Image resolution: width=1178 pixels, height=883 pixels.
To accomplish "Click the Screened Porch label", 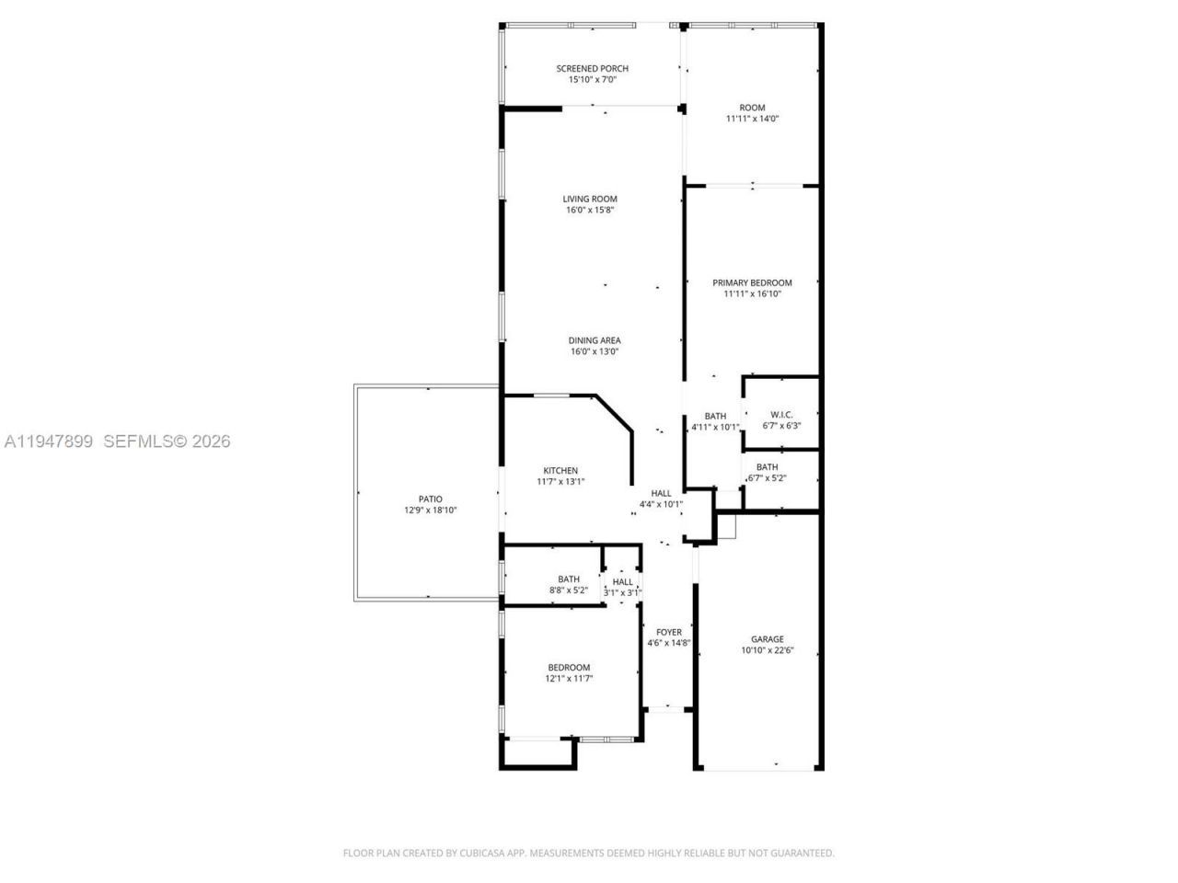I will [x=592, y=68].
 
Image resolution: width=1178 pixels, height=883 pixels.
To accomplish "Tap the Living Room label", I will [x=590, y=199].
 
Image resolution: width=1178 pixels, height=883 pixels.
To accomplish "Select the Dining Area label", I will [x=594, y=340].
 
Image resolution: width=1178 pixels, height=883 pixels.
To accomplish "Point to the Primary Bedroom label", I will [x=752, y=282].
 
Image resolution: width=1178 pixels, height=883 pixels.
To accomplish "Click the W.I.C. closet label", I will [x=781, y=414].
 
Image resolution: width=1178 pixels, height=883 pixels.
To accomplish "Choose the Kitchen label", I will [x=560, y=471].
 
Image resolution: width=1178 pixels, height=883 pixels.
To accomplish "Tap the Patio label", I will [x=430, y=499].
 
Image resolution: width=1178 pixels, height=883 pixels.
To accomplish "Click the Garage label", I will [x=767, y=639].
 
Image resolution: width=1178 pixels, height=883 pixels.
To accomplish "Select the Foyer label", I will [x=669, y=632].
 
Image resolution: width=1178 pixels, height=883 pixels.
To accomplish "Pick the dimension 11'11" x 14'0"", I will [x=752, y=119].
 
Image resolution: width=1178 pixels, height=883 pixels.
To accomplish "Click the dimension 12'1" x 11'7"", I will [x=569, y=679].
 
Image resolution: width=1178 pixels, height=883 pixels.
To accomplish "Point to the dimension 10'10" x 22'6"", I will [x=767, y=650].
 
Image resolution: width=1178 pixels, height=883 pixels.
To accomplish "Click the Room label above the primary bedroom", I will [x=752, y=108].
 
